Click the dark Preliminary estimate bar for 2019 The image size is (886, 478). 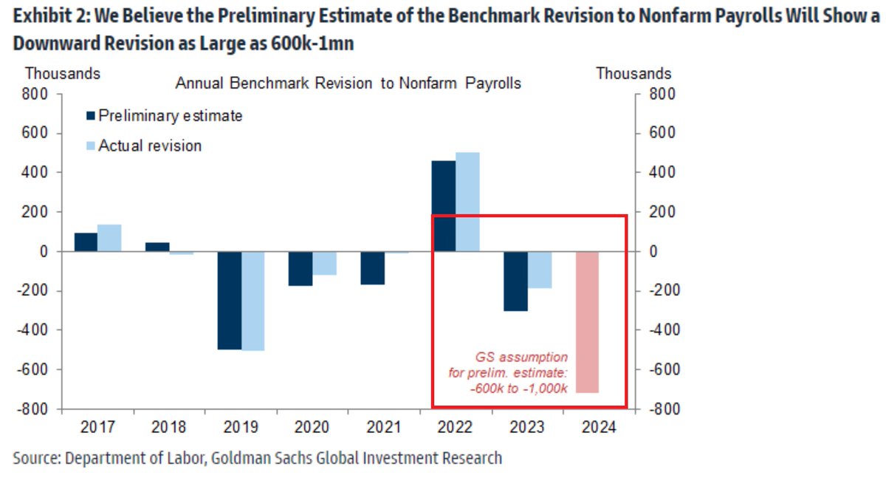click(229, 300)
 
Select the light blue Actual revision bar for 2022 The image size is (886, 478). click(467, 202)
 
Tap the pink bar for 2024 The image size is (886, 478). click(588, 322)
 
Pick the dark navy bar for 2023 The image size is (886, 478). click(515, 281)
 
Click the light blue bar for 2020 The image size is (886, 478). click(324, 263)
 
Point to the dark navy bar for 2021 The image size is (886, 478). click(372, 267)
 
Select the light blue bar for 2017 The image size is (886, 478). click(109, 238)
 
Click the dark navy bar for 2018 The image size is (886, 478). click(157, 247)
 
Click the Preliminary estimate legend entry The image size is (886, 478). click(164, 116)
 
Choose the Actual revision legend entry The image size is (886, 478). click(143, 146)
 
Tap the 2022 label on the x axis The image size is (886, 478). click(455, 428)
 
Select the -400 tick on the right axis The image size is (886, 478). click(659, 330)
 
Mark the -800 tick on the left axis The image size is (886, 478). click(33, 409)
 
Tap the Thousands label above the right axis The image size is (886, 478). click(633, 74)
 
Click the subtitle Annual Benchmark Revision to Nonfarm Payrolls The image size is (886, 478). click(348, 83)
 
